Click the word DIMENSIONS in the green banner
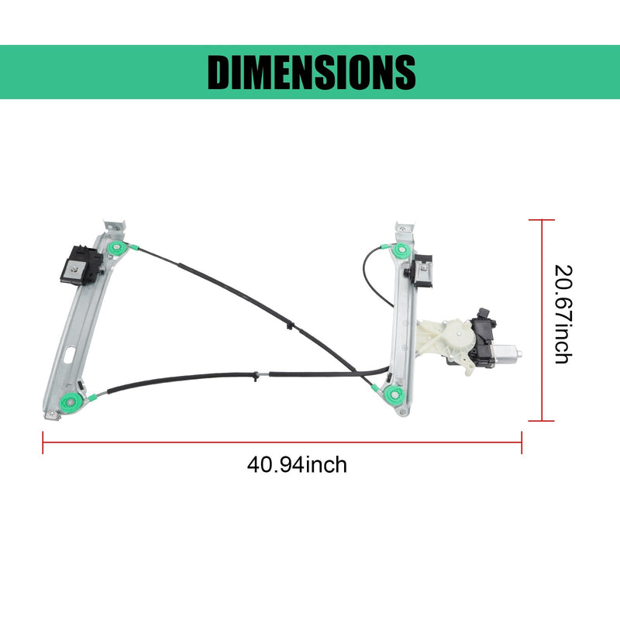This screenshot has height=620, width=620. pyautogui.click(x=312, y=72)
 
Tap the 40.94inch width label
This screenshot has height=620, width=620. pyautogui.click(x=297, y=464)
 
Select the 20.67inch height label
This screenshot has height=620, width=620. pyautogui.click(x=563, y=315)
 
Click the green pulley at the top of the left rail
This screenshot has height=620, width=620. pyautogui.click(x=116, y=249)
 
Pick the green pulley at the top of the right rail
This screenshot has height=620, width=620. pyautogui.click(x=401, y=250)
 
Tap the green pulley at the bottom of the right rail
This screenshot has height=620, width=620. pyautogui.click(x=394, y=394)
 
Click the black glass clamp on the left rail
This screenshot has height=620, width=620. pyautogui.click(x=81, y=265)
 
